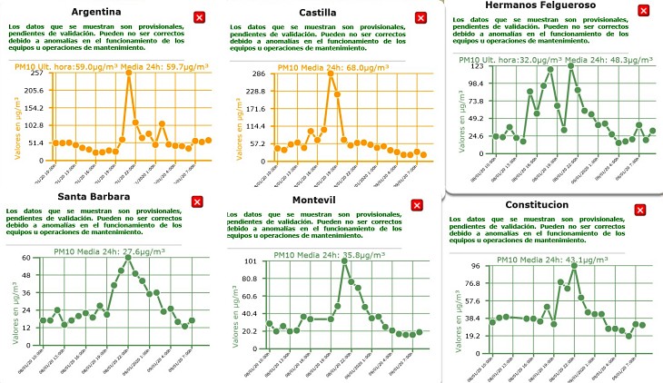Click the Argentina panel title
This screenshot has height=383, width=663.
point(96,12)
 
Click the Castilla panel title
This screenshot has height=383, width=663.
point(317,13)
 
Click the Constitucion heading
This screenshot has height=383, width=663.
point(537,204)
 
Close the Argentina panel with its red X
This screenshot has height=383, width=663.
point(199,17)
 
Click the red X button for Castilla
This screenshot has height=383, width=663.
point(420,17)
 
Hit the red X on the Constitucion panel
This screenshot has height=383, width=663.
point(639,210)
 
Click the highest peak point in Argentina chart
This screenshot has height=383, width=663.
point(129,74)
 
